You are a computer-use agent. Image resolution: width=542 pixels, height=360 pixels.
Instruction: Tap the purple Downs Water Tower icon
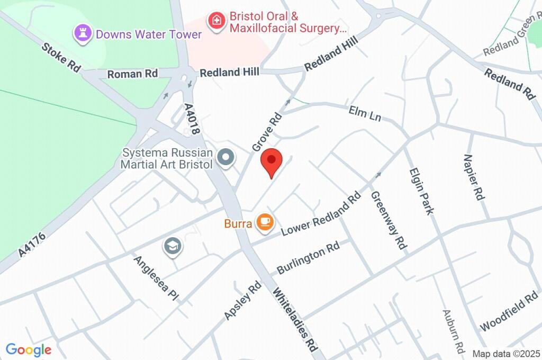tap(83, 33)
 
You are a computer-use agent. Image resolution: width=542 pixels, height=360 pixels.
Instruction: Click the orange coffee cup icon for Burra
tap(265, 222)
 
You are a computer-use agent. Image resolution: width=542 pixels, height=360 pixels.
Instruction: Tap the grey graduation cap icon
tap(173, 247)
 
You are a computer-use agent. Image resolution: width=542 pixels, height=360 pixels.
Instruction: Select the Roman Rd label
tap(132, 74)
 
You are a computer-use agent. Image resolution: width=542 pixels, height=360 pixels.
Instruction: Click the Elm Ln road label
tap(365, 113)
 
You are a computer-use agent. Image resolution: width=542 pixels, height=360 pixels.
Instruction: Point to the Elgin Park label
tap(421, 191)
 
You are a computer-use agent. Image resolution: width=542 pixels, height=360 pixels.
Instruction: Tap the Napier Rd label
tap(474, 177)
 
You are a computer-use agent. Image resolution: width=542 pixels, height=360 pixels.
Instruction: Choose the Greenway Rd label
tap(389, 220)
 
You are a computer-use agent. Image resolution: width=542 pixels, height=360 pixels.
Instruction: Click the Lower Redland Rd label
tap(321, 213)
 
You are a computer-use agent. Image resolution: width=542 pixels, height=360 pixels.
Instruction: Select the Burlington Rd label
tap(308, 258)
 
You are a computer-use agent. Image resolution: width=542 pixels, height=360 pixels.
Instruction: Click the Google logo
tap(28, 349)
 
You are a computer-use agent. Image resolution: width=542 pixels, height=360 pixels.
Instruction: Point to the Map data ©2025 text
tap(505, 354)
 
